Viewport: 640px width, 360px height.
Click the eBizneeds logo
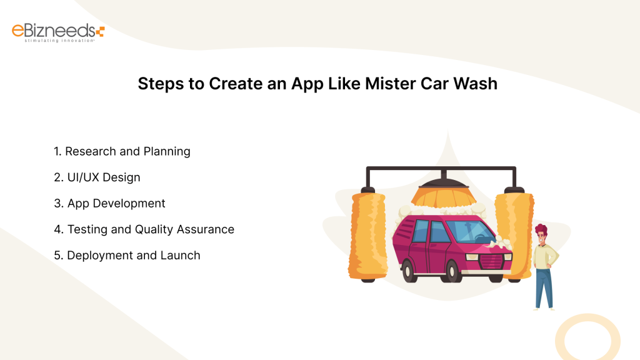pyautogui.click(x=58, y=31)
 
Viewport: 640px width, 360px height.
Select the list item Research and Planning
pyautogui.click(x=127, y=151)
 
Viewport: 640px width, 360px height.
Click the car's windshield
pyautogui.click(x=466, y=231)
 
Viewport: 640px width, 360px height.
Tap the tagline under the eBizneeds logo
pyautogui.click(x=59, y=41)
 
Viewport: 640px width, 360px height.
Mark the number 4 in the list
pyautogui.click(x=57, y=229)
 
